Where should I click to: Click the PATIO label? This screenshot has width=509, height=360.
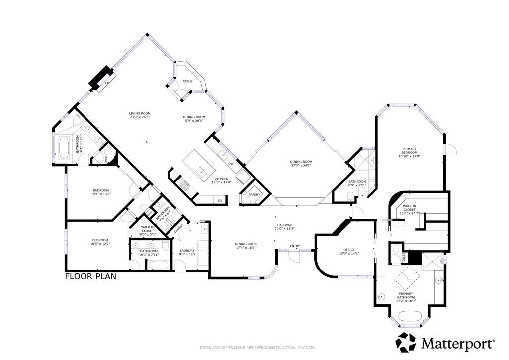pyautogui.click(x=187, y=81)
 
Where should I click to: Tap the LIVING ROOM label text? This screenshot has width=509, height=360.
pyautogui.click(x=140, y=113)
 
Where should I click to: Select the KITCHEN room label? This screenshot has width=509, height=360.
pyautogui.click(x=221, y=179)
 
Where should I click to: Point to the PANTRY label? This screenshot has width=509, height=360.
pyautogui.click(x=254, y=195)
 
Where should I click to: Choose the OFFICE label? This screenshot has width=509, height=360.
pyautogui.click(x=348, y=250)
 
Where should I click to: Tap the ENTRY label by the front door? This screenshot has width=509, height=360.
pyautogui.click(x=295, y=246)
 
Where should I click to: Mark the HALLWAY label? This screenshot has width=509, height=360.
pyautogui.click(x=285, y=225)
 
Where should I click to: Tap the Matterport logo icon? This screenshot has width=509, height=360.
pyautogui.click(x=405, y=342)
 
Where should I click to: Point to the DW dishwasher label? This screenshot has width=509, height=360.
pyautogui.click(x=231, y=163)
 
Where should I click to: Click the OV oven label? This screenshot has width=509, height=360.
pyautogui.click(x=220, y=200)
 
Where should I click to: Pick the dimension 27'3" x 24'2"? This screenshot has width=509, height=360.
pyautogui.click(x=301, y=165)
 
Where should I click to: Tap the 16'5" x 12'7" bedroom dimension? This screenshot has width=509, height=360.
pyautogui.click(x=100, y=244)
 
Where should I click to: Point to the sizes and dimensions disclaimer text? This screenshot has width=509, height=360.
pyautogui.click(x=254, y=348)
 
